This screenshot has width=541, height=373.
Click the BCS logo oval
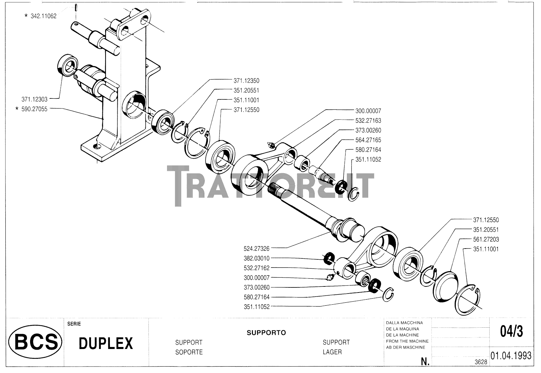point(35,342)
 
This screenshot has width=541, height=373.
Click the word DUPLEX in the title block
point(105,343)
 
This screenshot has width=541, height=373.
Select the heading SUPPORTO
point(266,333)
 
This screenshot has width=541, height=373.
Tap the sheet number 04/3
point(511,332)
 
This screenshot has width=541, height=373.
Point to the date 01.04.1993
point(511,356)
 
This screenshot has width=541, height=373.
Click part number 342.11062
point(43,16)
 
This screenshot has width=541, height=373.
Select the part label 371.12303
point(34,99)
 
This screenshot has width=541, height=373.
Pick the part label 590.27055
point(34,109)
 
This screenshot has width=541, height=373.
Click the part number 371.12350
point(246,81)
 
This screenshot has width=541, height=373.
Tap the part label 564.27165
point(368,140)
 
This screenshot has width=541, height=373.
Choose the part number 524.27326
point(256,249)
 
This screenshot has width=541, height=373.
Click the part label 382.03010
point(256,258)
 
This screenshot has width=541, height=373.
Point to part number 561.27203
point(486,239)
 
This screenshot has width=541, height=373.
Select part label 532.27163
point(368,121)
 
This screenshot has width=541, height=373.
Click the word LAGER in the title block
point(332,352)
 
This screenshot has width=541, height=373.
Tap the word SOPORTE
point(189,352)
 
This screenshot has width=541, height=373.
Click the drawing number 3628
point(480,362)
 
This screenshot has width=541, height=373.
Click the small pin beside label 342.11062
point(77,7)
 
